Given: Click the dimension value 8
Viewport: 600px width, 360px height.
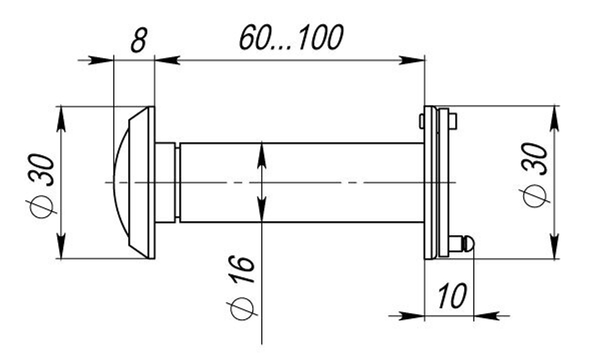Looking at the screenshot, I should click(139, 41).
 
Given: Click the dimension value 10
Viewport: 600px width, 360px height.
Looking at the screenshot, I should click(451, 296).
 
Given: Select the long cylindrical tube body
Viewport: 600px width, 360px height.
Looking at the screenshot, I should click(300, 182).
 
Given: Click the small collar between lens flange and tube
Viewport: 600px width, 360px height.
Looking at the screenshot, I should click(166, 182).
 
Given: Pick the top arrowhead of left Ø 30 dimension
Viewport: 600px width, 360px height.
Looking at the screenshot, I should click(62, 118).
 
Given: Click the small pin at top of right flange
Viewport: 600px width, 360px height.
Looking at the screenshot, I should click(452, 121).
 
